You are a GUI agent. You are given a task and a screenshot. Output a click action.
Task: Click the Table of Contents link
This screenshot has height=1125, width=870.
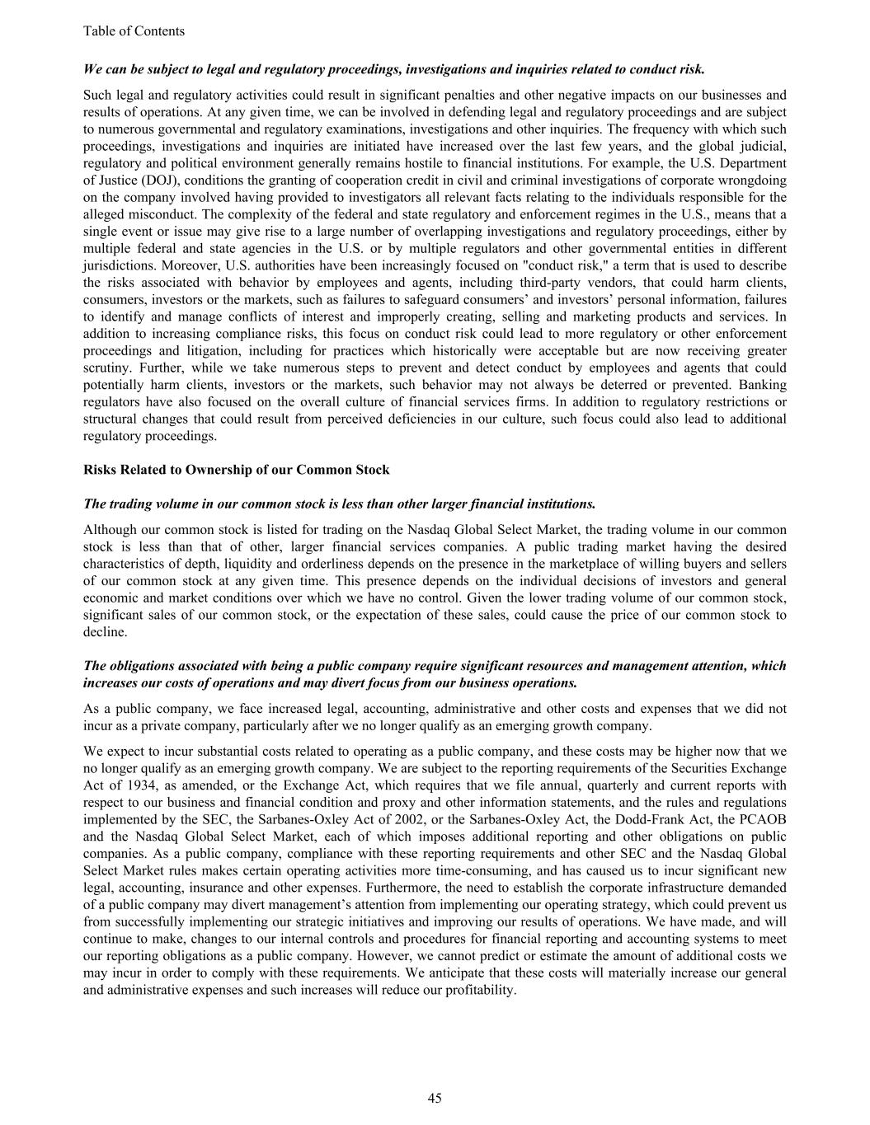point(134,31)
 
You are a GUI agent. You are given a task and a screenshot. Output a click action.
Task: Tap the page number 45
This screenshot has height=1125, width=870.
point(435,1097)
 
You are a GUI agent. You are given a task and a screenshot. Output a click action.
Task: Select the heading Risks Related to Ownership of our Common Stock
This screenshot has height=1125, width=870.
point(236,470)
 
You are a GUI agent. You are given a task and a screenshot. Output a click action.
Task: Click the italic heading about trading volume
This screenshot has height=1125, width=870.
point(339,504)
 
